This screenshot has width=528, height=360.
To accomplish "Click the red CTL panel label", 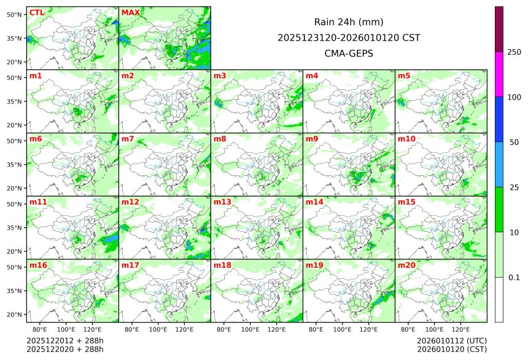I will click(x=36, y=13).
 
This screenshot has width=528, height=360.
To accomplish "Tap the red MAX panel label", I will click(x=130, y=13).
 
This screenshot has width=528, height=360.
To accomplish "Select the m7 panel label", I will click(x=128, y=139).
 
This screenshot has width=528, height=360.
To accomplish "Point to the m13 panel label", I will click(x=222, y=202).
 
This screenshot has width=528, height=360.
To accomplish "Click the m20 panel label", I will click(x=406, y=265).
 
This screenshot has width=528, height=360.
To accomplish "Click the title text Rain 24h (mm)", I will click(x=349, y=22).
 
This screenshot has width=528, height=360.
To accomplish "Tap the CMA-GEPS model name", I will click(x=349, y=53).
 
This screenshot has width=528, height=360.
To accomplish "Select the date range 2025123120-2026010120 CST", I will click(x=349, y=37).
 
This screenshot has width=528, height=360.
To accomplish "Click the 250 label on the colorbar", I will click(x=514, y=52).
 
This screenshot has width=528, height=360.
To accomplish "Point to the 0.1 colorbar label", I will click(x=514, y=278).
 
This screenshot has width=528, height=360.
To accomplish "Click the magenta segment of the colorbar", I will click(x=499, y=74).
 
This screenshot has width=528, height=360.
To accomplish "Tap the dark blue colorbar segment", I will click(x=499, y=119).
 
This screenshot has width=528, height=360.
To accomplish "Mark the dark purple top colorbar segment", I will click(x=499, y=29).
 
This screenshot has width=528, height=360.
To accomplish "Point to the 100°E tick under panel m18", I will click(x=250, y=329).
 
